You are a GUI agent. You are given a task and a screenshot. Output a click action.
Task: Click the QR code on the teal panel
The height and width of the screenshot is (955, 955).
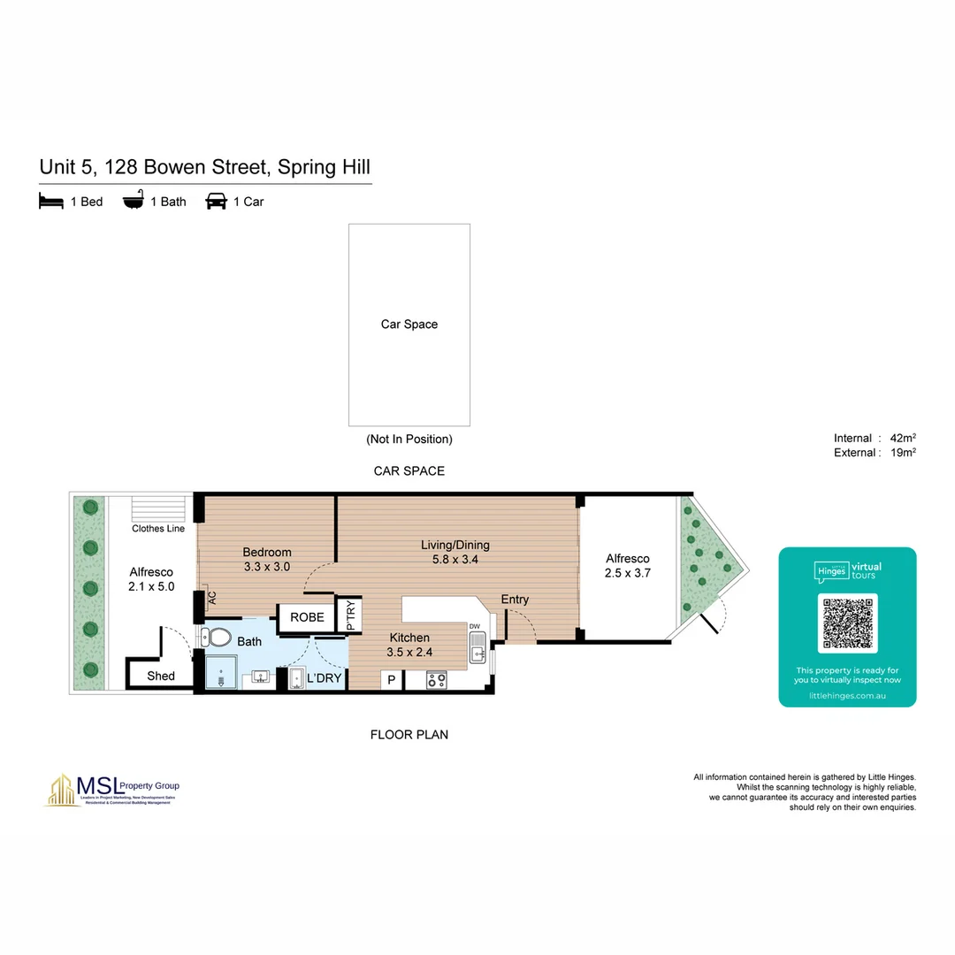(847, 622)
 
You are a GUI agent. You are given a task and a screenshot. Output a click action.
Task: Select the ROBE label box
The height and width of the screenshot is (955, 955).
(307, 617)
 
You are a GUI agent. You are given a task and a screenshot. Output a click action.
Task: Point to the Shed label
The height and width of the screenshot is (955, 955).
(161, 676)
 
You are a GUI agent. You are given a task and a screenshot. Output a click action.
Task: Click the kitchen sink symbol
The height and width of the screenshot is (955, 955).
(477, 654)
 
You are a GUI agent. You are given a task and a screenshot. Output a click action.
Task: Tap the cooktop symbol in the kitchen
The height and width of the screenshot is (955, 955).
(437, 680)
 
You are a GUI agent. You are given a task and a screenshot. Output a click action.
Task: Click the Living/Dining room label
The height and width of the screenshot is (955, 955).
(455, 545)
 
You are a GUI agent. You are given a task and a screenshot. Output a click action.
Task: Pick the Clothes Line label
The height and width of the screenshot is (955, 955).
(158, 529)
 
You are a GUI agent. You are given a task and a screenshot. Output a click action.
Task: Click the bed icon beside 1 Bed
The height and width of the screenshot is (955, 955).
(51, 202)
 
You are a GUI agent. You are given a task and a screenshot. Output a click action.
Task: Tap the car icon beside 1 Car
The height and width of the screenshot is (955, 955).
(216, 202)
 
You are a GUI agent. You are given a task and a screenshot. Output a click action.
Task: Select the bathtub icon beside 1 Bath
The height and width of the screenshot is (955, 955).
(133, 202)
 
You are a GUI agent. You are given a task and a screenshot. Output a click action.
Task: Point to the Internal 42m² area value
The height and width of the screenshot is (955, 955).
(903, 438)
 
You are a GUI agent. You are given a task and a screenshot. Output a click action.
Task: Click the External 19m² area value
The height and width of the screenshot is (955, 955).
(903, 453)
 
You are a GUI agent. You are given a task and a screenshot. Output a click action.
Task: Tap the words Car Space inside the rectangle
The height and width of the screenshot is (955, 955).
(409, 325)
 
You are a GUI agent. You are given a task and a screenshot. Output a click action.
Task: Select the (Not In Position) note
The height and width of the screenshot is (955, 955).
(409, 439)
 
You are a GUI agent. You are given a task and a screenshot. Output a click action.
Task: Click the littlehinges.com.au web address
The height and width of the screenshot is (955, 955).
(847, 696)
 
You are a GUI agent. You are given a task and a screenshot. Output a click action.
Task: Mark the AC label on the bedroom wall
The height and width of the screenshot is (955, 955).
(211, 598)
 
